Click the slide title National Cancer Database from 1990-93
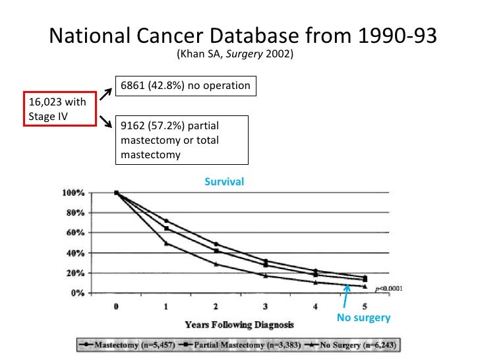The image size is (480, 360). coord(243,36)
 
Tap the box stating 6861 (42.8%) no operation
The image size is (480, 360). coord(185,86)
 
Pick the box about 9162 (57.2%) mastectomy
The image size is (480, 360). coord(181,140)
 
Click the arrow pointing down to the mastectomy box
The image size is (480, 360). coord(105,121)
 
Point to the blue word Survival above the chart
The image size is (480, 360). coord(224,181)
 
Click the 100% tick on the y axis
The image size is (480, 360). coord(73,193)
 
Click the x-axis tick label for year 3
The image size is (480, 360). coord(265,306)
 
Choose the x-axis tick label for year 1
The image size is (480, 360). coord(166,306)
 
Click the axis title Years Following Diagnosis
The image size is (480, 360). coord(239,324)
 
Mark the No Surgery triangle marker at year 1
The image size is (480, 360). coord(166,243)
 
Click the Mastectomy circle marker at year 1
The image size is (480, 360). coord(166,221)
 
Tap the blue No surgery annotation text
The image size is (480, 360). coord(363,318)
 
